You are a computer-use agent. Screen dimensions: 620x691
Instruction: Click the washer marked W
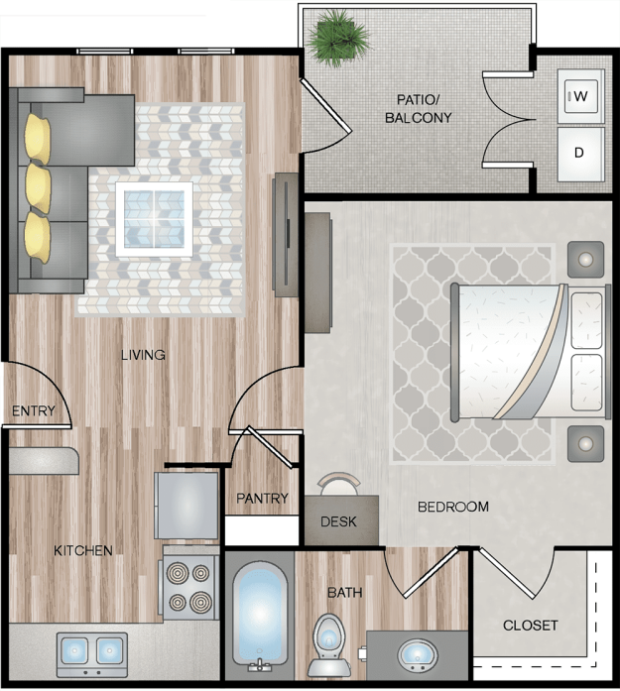click(580, 96)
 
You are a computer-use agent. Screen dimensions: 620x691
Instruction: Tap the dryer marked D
click(580, 154)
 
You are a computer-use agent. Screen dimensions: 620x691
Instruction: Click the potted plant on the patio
click(338, 38)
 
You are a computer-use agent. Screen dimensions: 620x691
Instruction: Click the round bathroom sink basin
click(418, 654)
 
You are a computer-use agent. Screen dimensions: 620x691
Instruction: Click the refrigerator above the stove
click(186, 505)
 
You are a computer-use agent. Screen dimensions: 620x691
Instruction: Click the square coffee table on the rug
click(155, 219)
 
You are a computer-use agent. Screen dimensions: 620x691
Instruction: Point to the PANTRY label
click(262, 499)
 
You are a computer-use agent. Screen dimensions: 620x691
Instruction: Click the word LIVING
click(143, 355)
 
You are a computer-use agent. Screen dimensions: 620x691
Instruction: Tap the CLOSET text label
click(530, 626)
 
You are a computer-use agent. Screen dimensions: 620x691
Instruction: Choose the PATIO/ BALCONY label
click(418, 109)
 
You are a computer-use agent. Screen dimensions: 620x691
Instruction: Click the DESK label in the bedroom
click(338, 521)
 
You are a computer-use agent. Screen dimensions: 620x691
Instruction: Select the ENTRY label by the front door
click(34, 410)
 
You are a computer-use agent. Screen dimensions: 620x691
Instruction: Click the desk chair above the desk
click(339, 485)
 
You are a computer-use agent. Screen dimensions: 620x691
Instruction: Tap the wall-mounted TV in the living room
click(286, 234)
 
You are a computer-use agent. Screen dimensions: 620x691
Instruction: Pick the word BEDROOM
click(453, 507)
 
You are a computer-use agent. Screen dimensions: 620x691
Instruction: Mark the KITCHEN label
click(83, 550)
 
